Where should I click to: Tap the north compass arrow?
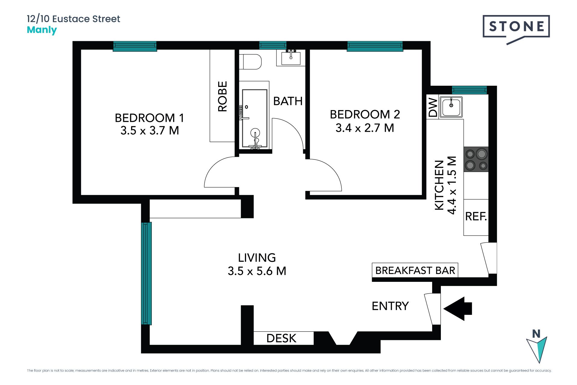point(537,349)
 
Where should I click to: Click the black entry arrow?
point(458,309)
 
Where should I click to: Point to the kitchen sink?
point(451,107)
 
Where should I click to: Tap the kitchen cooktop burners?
point(476,159)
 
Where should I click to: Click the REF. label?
point(476,216)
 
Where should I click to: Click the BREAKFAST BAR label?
point(415,270)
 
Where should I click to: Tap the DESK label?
point(281,338)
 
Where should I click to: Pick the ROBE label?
point(222,97)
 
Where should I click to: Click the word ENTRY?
point(390,306)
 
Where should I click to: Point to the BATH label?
point(288,101)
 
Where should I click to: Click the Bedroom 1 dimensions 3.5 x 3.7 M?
point(150,131)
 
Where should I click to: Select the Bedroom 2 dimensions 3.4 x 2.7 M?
point(365,128)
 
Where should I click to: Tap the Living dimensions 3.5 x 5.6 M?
point(257,271)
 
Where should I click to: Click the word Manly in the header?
point(42,30)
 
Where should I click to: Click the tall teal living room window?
point(146,273)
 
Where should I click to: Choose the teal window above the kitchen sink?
point(469,90)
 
